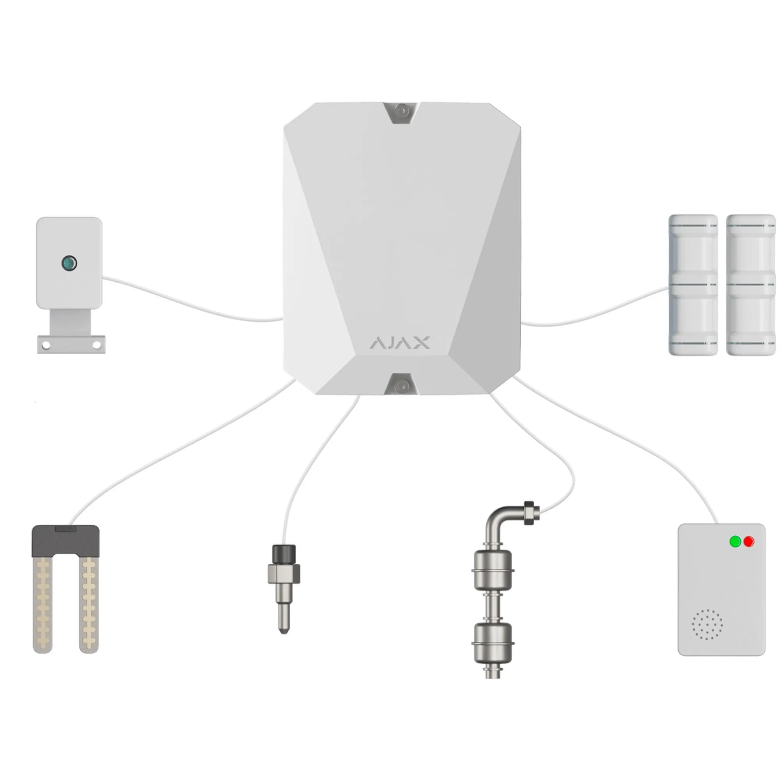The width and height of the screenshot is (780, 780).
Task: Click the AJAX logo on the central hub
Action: pos(400,343)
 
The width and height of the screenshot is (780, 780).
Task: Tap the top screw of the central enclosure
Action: pos(402,110)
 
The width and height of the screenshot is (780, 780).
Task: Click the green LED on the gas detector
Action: pos(735,541)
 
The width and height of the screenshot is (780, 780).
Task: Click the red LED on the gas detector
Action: pos(749,541)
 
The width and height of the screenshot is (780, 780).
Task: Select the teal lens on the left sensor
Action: pos(69,263)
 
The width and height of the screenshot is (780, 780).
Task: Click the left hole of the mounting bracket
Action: pos(46,345)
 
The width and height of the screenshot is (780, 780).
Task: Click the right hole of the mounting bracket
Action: pos(97,345)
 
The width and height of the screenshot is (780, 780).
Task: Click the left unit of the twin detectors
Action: pos(693,285)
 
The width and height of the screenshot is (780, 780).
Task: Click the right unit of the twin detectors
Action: pos(751,285)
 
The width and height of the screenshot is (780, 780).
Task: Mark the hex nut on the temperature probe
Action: pos(284,573)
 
